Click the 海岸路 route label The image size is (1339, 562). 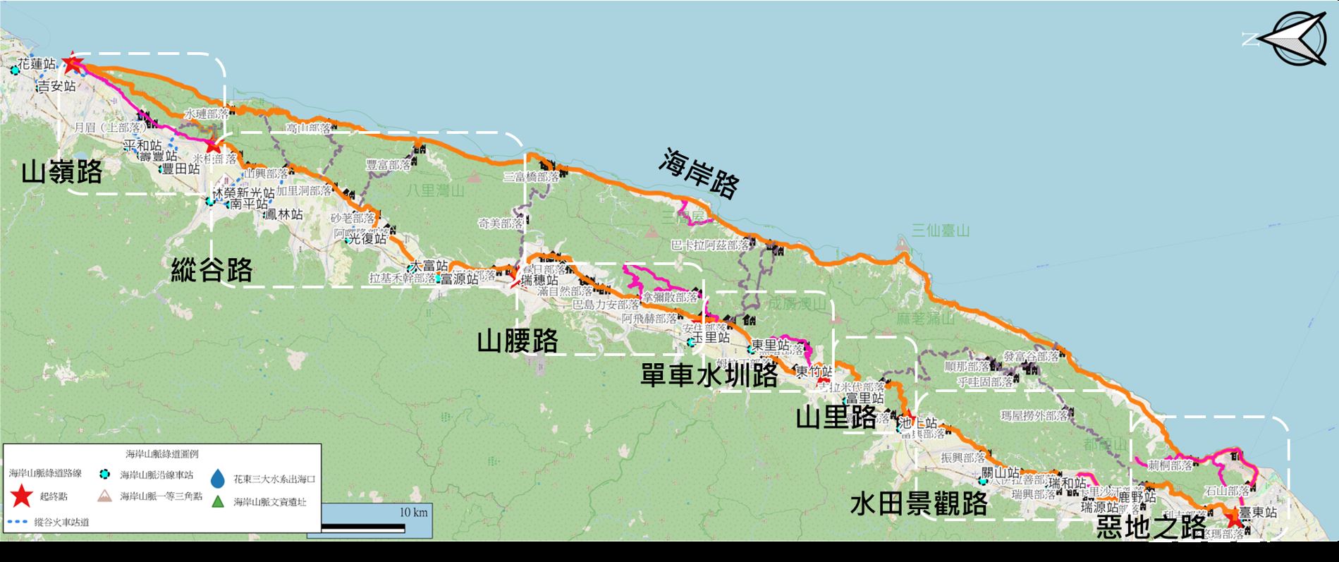click(x=699, y=173)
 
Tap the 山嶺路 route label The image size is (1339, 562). click(x=62, y=172)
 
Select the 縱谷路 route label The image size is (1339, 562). click(x=212, y=269)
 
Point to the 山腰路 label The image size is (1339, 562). click(x=518, y=341)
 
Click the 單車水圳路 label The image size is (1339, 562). click(x=709, y=375)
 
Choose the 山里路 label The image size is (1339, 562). click(x=836, y=417)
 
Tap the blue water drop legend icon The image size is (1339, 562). click(x=219, y=479)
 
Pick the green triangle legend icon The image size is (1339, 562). click(x=219, y=502)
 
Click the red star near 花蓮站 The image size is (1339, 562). click(x=72, y=64)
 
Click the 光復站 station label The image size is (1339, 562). click(x=369, y=238)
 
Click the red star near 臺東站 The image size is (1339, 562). click(x=1233, y=520)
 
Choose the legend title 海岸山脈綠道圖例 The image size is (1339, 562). click(x=163, y=455)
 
